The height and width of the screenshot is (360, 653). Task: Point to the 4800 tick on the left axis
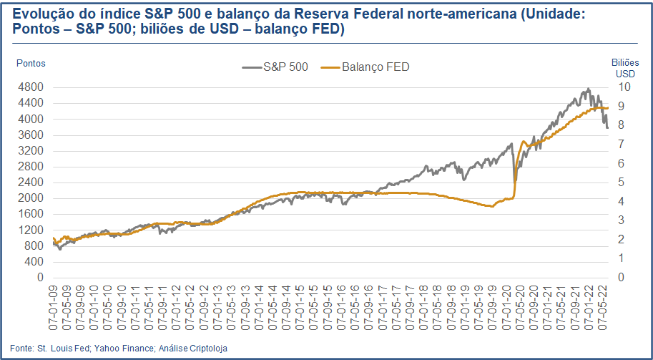[x=31, y=87]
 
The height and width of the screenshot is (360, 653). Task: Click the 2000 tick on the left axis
[x=31, y=198]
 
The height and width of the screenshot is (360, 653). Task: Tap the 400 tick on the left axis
[x=34, y=261]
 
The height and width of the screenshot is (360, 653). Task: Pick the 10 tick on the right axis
[x=624, y=87]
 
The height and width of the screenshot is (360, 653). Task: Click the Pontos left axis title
[x=31, y=63]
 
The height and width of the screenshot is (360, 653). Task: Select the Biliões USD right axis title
[x=624, y=68]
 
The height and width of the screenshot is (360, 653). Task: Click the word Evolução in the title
[x=40, y=14]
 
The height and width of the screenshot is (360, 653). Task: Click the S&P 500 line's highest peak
[x=588, y=89]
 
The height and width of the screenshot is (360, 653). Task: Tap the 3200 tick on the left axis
[x=31, y=151]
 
